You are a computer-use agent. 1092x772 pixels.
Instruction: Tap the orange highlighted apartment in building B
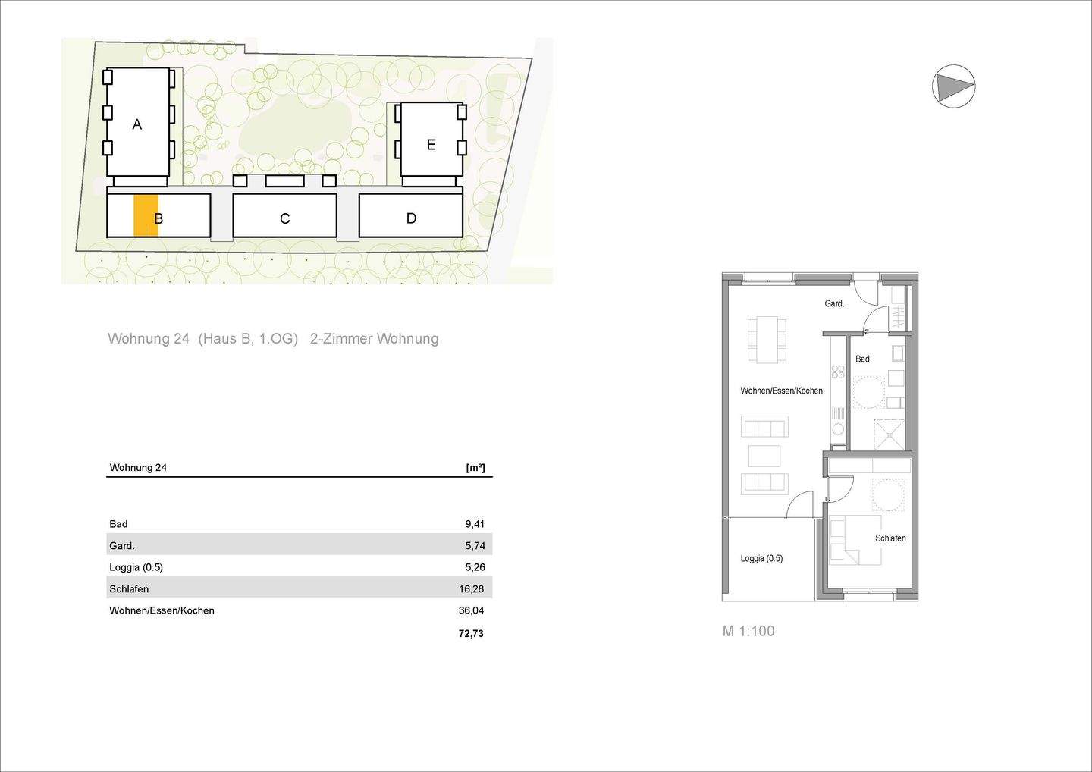(145, 216)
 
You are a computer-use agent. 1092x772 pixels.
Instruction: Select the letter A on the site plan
(137, 124)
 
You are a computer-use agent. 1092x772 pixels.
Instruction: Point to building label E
(431, 145)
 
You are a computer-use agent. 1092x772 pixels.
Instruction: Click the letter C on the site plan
(284, 218)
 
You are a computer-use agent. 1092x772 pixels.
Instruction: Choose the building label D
(411, 218)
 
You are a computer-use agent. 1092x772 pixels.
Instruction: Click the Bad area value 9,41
(475, 524)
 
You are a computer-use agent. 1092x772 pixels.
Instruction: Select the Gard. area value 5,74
(475, 545)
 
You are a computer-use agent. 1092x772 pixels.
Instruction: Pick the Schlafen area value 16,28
(472, 588)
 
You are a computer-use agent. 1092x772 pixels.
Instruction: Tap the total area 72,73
(471, 633)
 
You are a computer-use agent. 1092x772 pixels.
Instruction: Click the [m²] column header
(475, 468)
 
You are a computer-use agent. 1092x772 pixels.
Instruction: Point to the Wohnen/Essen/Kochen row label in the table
(162, 610)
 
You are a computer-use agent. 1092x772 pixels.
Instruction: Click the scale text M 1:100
(748, 631)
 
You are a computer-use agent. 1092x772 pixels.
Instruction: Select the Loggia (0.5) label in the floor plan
(761, 559)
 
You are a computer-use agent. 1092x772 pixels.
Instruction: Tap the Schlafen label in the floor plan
(890, 538)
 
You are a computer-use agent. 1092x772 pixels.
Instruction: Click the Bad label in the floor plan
(862, 359)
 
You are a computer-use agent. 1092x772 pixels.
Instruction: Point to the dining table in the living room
(767, 338)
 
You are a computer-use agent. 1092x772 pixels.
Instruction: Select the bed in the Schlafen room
(855, 541)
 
